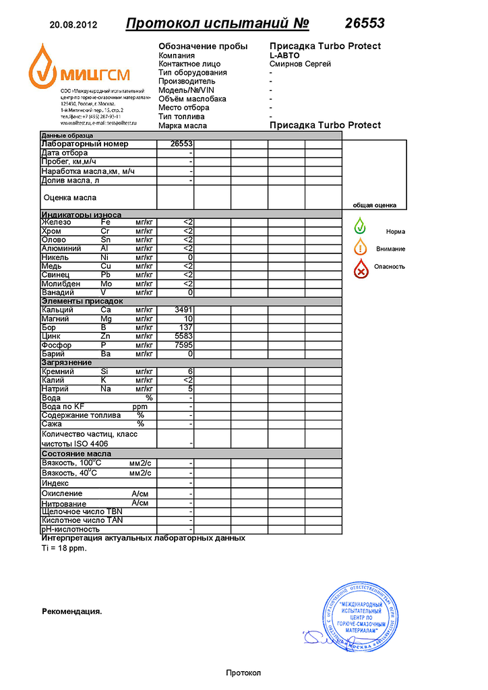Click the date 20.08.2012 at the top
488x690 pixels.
(73, 25)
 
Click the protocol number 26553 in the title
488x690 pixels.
(365, 24)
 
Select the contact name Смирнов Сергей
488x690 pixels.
(300, 64)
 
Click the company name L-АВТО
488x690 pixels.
(284, 55)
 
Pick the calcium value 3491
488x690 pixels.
(183, 310)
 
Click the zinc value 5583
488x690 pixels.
(183, 336)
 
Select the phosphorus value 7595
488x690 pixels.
(183, 345)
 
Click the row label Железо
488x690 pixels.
(57, 222)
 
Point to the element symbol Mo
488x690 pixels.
(106, 284)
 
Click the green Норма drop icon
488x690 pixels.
(361, 227)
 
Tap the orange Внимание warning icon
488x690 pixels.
(361, 247)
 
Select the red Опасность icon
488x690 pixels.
(361, 269)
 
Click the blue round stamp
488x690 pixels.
(358, 615)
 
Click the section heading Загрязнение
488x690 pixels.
(67, 363)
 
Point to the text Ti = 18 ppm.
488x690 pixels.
(64, 548)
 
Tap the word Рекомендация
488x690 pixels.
(71, 612)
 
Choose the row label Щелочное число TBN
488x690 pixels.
(82, 511)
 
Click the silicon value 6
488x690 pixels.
(191, 371)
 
